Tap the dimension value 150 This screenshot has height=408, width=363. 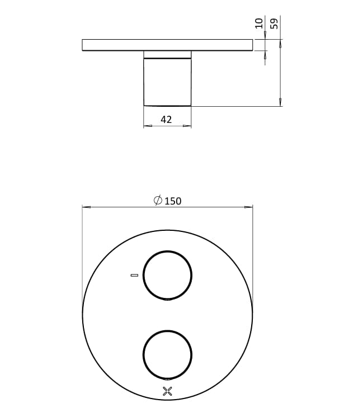click(x=173, y=201)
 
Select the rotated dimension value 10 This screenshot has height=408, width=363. click(x=258, y=23)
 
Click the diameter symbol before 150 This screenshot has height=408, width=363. click(x=158, y=201)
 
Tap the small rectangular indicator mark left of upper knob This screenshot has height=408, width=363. click(x=134, y=276)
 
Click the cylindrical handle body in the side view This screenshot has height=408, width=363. click(x=167, y=82)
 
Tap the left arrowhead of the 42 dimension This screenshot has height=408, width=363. click(x=147, y=126)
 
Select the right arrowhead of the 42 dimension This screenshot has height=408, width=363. click(x=188, y=126)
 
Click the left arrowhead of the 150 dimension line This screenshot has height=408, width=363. click(x=86, y=207)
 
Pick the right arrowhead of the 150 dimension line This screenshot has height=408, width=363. click(x=249, y=207)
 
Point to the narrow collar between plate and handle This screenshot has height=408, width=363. click(x=167, y=54)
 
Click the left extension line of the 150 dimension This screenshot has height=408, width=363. click(x=82, y=252)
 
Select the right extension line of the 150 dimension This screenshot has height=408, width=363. click(x=253, y=252)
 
